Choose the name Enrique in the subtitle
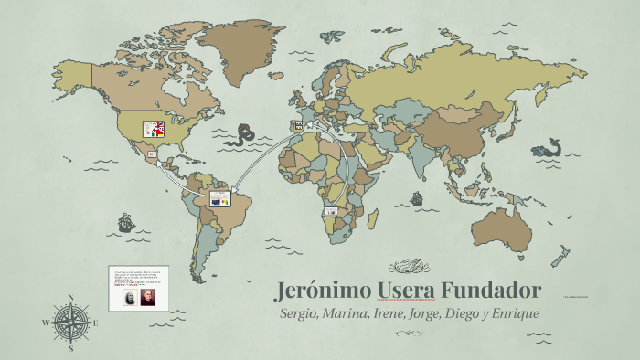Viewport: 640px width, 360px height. [x=513, y=313]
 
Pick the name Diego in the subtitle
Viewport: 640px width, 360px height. [x=459, y=313]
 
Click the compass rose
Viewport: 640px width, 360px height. [x=70, y=323]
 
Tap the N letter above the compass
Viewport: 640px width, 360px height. [x=70, y=297]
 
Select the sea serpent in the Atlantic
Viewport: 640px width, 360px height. [x=243, y=135]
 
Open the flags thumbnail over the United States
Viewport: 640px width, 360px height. [x=154, y=130]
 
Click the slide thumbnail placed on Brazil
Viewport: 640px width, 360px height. [x=220, y=197]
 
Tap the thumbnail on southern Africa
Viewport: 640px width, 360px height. [x=330, y=211]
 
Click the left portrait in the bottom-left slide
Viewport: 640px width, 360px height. [x=128, y=298]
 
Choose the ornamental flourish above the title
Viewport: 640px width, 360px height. [x=409, y=267]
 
